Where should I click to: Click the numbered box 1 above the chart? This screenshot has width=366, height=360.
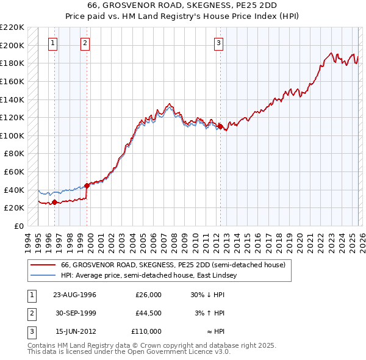[54, 43]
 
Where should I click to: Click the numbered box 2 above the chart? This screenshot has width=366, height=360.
[84, 43]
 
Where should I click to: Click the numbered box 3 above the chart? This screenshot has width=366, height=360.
[218, 43]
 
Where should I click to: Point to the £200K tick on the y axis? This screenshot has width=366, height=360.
[12, 45]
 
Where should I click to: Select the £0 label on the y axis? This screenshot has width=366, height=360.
[18, 226]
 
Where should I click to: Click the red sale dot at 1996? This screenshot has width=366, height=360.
[55, 202]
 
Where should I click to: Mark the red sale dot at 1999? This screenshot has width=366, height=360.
[87, 185]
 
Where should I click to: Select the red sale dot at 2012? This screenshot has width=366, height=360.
[220, 126]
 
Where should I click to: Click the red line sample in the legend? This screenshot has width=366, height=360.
[43, 265]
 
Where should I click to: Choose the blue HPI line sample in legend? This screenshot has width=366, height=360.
[43, 276]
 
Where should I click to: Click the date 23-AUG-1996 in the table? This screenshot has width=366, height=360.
[74, 295]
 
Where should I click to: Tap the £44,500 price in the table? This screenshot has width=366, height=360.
[148, 313]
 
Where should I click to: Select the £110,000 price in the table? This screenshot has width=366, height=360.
[147, 331]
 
